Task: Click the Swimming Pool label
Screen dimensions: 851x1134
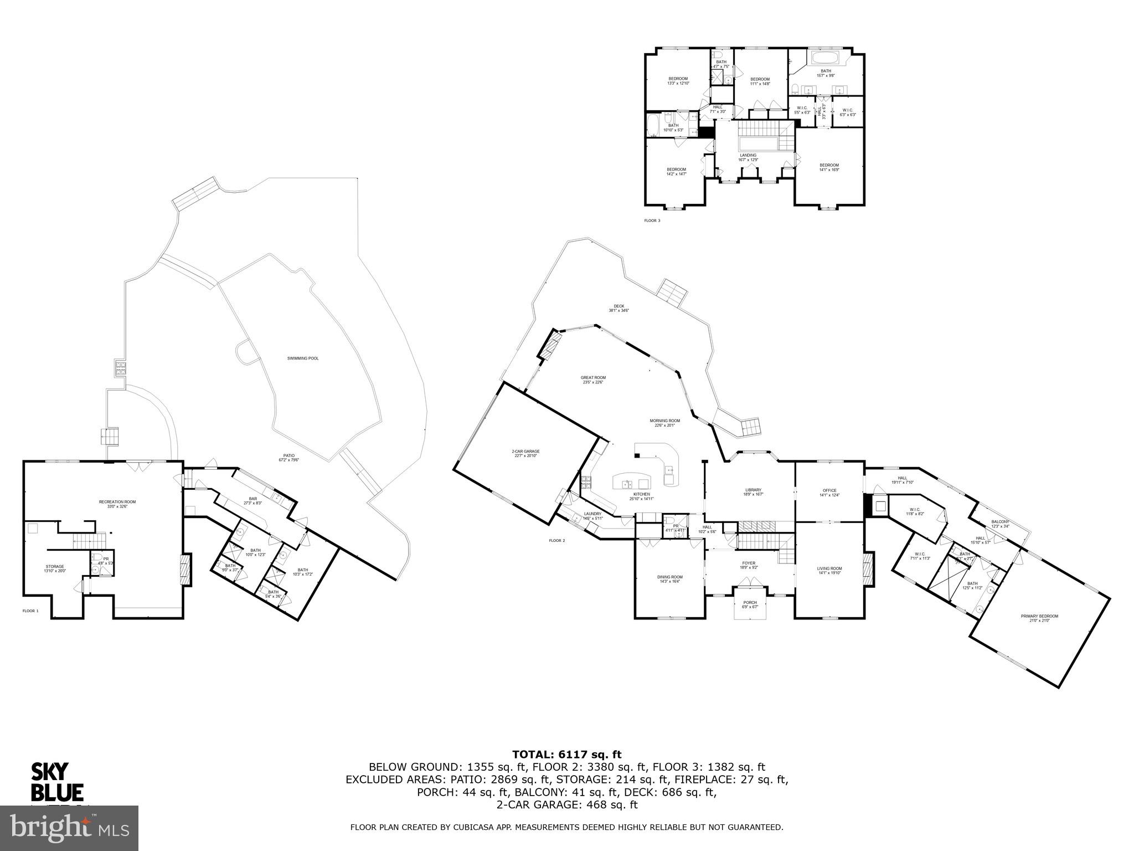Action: [x=302, y=358]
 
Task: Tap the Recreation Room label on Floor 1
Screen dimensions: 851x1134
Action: [x=117, y=502]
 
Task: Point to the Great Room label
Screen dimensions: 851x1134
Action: [x=593, y=378]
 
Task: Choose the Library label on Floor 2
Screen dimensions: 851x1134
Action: [x=753, y=490]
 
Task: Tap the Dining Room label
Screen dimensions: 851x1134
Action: [x=670, y=577]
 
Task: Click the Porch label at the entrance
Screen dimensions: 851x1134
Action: [x=750, y=603]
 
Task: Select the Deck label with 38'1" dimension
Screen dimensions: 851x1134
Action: [x=619, y=306]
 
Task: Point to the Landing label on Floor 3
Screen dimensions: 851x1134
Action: [x=748, y=155]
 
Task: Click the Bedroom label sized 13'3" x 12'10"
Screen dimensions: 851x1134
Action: [x=677, y=79]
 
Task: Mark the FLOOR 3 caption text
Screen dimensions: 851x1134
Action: [x=652, y=221]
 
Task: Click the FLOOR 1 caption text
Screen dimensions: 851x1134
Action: [x=30, y=611]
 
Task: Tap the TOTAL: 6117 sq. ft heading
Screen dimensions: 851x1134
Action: [x=566, y=754]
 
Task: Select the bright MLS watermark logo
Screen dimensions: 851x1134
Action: [x=69, y=828]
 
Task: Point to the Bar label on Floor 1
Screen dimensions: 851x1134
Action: [x=252, y=499]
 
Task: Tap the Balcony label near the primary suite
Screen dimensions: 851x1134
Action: [x=1000, y=522]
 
